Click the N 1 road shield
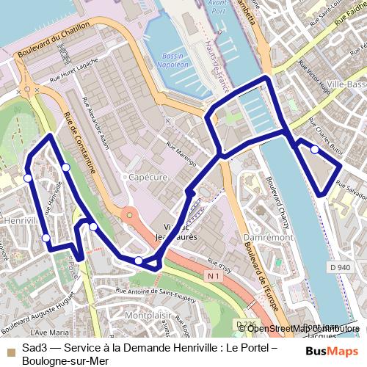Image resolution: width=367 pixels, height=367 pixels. click(x=214, y=276)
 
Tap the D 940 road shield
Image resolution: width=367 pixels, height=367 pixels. click(x=340, y=269)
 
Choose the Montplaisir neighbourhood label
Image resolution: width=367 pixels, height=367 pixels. click(x=148, y=316)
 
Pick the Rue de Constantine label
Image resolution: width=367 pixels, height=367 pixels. click(x=80, y=144)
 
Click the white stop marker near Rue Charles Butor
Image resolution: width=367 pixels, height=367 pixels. click(x=315, y=149)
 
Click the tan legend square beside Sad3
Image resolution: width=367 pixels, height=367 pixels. click(x=10, y=349)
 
